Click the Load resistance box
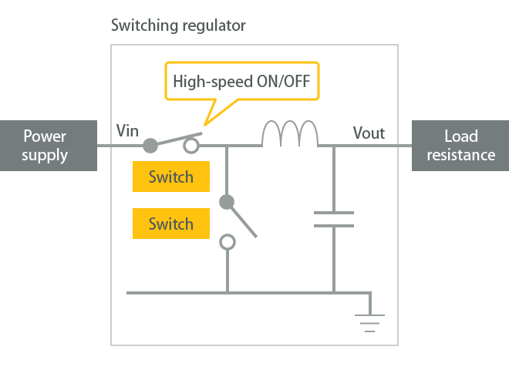[x=460, y=146]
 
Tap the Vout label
[x=369, y=133]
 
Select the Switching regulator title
[x=178, y=26]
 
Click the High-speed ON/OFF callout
[x=245, y=81]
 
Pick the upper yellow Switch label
[x=170, y=177]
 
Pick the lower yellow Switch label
[x=170, y=224]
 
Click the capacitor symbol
[x=334, y=219]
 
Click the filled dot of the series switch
[x=151, y=145]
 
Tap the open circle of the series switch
[x=191, y=145]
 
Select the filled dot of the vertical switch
[x=227, y=202]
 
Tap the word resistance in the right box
[x=460, y=155]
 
